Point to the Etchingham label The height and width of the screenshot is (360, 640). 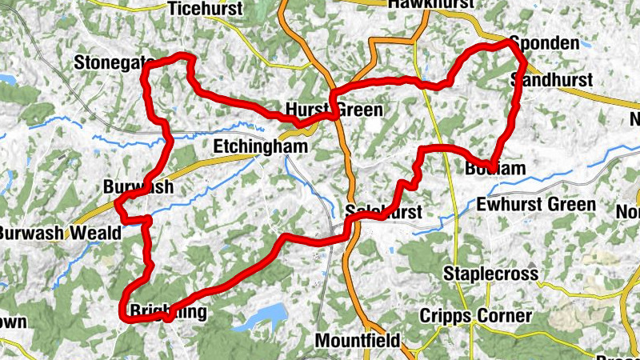pyautogui.click(x=250, y=146)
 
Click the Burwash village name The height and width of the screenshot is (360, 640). pyautogui.click(x=138, y=186)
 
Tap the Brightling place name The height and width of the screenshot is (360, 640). pyautogui.click(x=167, y=311)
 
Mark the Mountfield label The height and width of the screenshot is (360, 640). pyautogui.click(x=358, y=340)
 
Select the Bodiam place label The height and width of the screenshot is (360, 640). pyautogui.click(x=495, y=168)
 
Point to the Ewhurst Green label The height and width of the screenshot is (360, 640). pyautogui.click(x=535, y=205)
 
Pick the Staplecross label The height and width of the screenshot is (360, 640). pyautogui.click(x=491, y=274)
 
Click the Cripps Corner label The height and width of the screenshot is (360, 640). pyautogui.click(x=476, y=316)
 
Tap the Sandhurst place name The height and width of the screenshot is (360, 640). pyautogui.click(x=551, y=80)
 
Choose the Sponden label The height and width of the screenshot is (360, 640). pyautogui.click(x=544, y=42)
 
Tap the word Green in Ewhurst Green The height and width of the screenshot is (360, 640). pyautogui.click(x=573, y=205)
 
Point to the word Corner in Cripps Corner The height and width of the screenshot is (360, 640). pyautogui.click(x=505, y=316)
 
